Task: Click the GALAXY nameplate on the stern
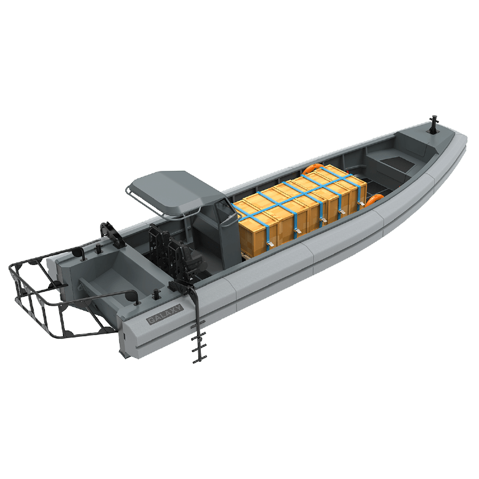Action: pos(165,314)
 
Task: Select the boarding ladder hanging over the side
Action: pos(197,324)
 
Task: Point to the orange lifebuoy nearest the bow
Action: pos(375,200)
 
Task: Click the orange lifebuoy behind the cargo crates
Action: pos(312,168)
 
